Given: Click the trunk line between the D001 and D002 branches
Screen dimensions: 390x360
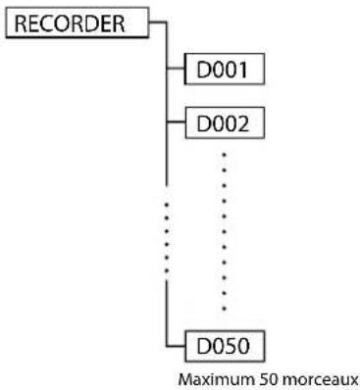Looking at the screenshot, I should (166, 98).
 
